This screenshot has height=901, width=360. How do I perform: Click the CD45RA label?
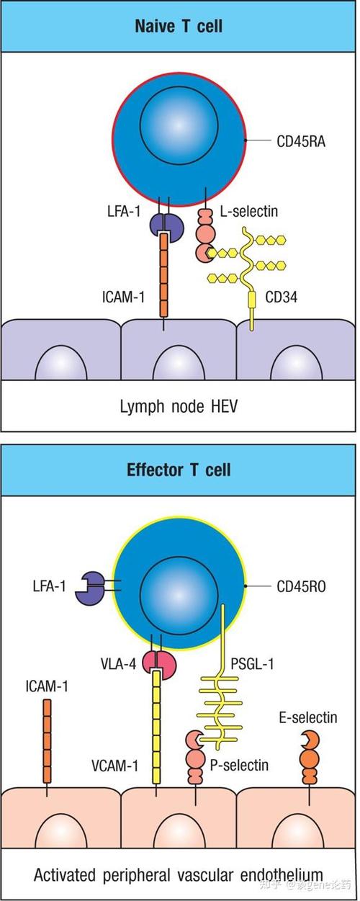tap(301, 142)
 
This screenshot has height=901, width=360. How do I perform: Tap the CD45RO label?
tap(301, 587)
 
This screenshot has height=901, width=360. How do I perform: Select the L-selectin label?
tap(249, 211)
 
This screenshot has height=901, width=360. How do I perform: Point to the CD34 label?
tap(282, 297)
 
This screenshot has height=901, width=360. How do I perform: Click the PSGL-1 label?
tap(252, 663)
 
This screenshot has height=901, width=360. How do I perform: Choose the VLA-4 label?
tap(118, 663)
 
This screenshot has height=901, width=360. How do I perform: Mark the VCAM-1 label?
tap(115, 766)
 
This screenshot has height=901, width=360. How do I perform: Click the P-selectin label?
tap(239, 765)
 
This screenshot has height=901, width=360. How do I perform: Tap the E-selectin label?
tap(308, 717)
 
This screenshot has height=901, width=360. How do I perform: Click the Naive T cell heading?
tap(179, 26)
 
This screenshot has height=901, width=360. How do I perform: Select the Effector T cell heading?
tap(179, 470)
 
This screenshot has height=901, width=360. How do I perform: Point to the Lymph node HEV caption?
tap(179, 407)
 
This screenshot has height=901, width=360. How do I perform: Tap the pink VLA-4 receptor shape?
tap(160, 663)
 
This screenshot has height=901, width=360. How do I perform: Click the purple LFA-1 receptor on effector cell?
tap(90, 588)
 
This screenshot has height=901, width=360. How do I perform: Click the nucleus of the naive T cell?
tap(179, 125)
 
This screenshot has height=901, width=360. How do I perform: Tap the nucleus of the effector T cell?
tap(179, 596)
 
